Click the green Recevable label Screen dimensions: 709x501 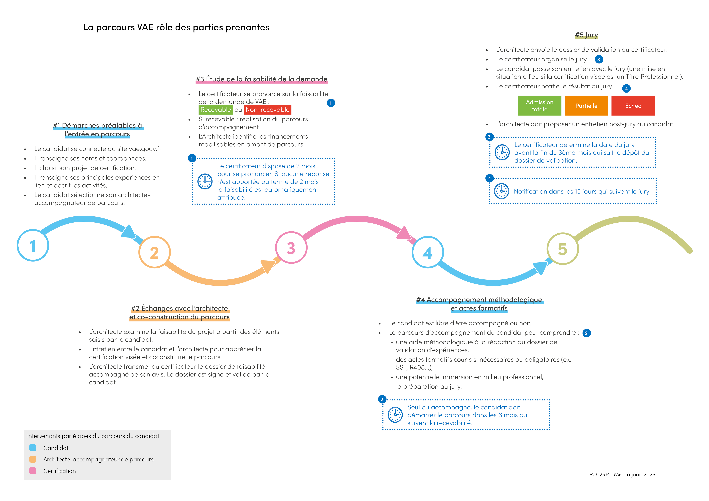(x=216, y=110)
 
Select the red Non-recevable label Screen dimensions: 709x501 (x=267, y=110)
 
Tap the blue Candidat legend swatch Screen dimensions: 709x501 (x=33, y=448)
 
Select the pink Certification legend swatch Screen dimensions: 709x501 (x=33, y=471)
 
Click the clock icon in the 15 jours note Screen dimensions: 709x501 (x=502, y=191)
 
